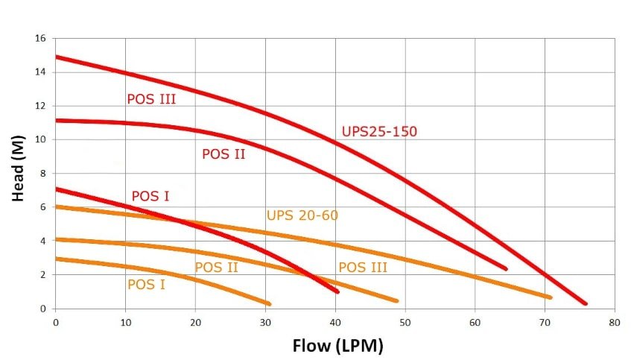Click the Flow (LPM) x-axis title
coord(338,346)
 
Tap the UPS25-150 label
coord(379,132)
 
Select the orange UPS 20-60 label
coord(302,216)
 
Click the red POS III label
coord(151,98)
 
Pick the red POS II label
coord(223,154)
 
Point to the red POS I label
coord(150,197)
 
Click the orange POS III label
coord(363,268)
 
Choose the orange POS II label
coord(216,268)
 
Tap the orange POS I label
coord(146,284)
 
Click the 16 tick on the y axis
coord(41,38)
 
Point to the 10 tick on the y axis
coord(41,139)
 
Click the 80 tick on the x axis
coord(614,323)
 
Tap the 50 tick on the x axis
coord(405,323)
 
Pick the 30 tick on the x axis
coord(265,323)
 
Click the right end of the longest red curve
coord(586,303)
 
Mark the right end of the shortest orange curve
coord(269,303)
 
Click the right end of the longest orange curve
coord(550,297)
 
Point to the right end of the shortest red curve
coord(337,291)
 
